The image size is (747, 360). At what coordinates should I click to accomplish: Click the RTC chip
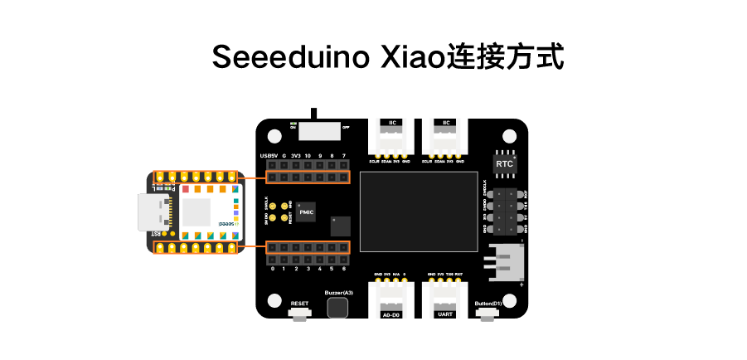[504, 163]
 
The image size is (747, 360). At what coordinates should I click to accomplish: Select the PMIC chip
[307, 212]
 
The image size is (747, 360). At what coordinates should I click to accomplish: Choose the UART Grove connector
[444, 295]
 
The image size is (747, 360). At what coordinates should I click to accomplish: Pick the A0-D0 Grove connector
[390, 295]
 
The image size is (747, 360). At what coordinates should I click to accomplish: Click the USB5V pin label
[269, 156]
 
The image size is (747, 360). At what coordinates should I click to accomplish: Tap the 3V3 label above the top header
[295, 156]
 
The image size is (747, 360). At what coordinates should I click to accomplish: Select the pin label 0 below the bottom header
[272, 270]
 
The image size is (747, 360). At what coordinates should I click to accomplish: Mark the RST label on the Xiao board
[156, 234]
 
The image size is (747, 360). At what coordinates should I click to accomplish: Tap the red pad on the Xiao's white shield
[185, 190]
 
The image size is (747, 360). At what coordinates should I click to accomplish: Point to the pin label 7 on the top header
[343, 156]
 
